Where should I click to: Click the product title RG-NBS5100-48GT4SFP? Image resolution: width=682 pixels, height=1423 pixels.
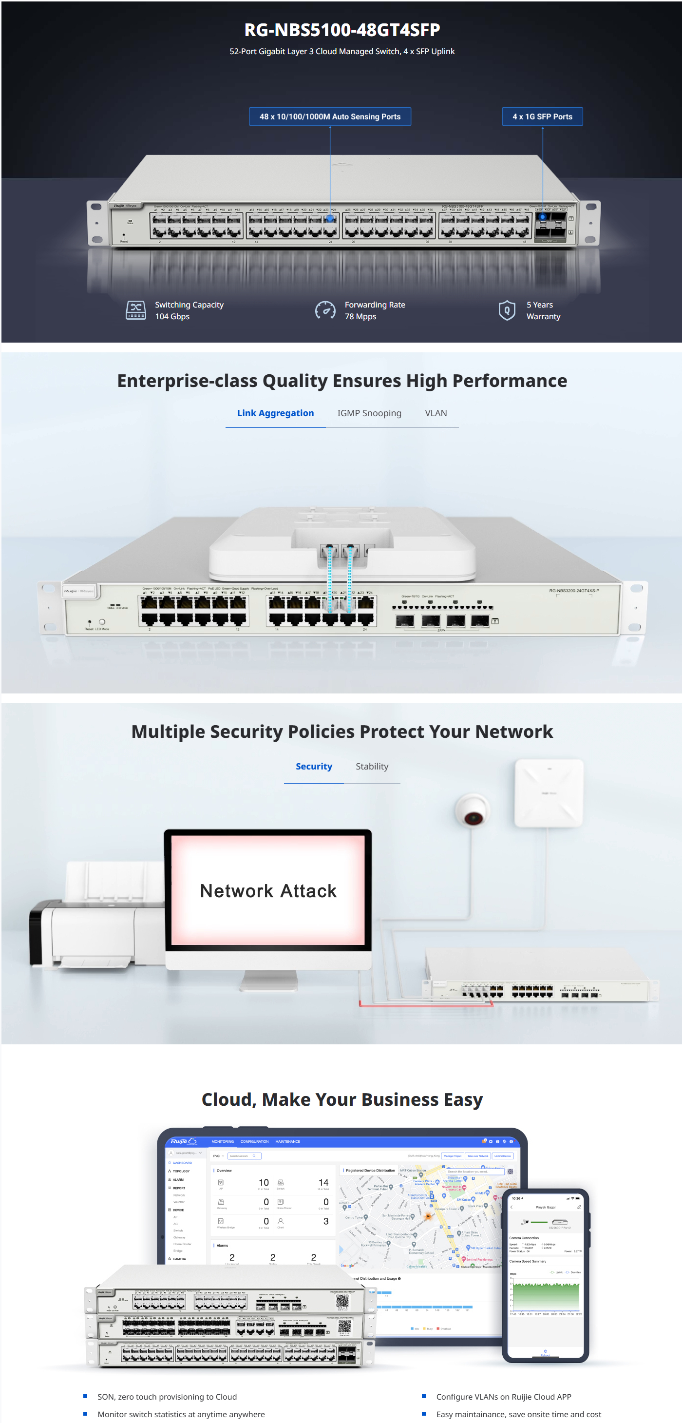point(342,30)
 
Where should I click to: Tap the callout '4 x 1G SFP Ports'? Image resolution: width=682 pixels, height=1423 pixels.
point(542,116)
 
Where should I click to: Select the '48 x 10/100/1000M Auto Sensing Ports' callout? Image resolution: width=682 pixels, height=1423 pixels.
point(330,116)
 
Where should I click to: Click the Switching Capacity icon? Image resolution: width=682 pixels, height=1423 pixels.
point(135,310)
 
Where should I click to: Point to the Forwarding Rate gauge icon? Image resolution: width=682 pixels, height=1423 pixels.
point(325,310)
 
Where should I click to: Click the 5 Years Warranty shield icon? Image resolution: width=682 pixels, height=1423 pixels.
point(507,310)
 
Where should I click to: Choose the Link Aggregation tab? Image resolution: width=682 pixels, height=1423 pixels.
point(275,413)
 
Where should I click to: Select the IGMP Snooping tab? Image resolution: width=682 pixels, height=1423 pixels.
point(369,413)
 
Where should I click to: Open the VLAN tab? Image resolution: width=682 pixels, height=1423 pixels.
point(436,413)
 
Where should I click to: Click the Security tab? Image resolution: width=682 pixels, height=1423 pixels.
point(314,766)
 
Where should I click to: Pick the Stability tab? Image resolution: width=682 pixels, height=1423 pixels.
point(372,766)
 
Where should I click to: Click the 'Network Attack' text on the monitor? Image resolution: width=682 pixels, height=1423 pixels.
point(268,891)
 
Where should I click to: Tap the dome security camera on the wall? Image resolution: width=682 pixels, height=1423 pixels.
point(472,810)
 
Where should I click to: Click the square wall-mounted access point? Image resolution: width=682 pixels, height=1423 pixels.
point(549,793)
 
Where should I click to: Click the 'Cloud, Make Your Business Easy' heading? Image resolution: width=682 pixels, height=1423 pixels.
point(342,1099)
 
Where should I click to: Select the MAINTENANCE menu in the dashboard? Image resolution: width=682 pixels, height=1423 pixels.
point(288,1141)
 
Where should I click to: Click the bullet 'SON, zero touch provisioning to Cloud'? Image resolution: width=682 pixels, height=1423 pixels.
point(167,1397)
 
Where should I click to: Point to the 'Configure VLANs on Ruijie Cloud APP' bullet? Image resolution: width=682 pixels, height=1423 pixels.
point(503,1397)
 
